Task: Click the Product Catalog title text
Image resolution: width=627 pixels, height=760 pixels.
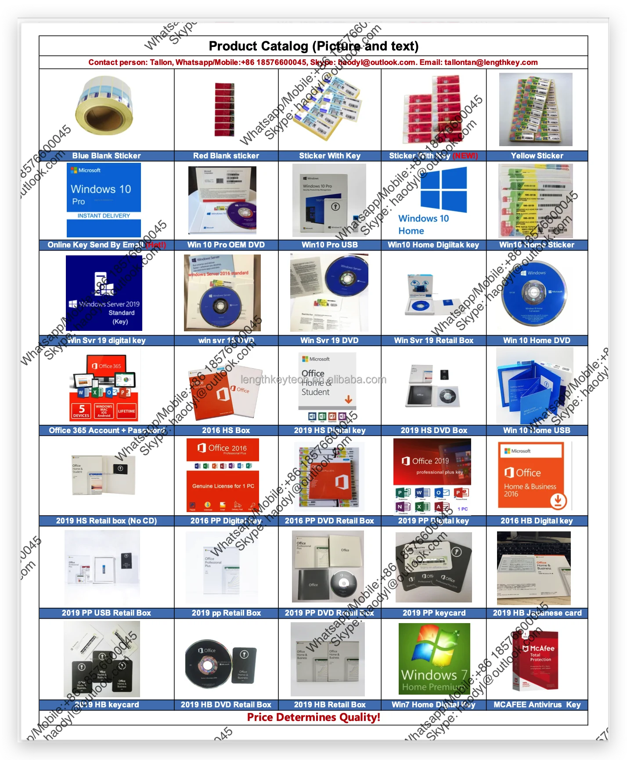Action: click(313, 46)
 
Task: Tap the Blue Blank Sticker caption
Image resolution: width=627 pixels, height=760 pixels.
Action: click(106, 156)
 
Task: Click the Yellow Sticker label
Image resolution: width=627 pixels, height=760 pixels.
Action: click(537, 156)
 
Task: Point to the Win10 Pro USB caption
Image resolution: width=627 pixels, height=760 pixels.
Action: click(329, 245)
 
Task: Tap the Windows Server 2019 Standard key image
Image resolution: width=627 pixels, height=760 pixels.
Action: click(104, 293)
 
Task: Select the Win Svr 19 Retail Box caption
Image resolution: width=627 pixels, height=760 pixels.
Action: click(433, 341)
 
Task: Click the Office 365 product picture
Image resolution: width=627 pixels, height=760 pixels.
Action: click(104, 388)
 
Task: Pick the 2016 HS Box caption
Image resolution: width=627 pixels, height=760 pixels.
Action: click(226, 430)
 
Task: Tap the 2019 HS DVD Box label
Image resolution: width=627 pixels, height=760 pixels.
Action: click(433, 430)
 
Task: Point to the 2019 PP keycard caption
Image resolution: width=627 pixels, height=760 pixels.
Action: click(433, 613)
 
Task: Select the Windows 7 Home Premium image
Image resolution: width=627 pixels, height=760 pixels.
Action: click(434, 659)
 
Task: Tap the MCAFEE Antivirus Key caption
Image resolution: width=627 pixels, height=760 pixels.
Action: click(537, 705)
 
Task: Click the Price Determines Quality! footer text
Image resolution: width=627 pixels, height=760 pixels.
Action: click(313, 717)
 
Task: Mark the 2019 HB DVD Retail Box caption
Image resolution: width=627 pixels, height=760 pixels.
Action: click(226, 705)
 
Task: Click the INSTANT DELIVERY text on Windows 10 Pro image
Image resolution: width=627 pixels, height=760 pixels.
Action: click(104, 216)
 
